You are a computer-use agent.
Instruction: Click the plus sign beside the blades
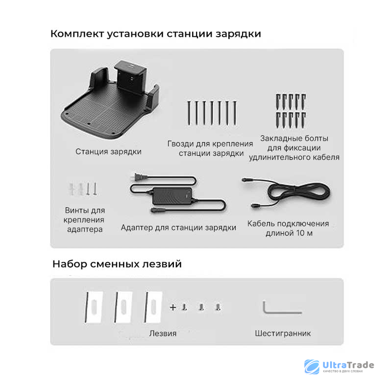click(x=173, y=307)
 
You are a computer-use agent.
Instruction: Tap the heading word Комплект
click(x=77, y=34)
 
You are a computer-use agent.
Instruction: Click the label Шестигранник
click(x=283, y=333)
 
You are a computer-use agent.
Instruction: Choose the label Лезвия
click(x=163, y=333)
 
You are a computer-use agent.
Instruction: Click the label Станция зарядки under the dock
click(x=108, y=151)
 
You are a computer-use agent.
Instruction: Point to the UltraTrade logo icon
click(x=312, y=367)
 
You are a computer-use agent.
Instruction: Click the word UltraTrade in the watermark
click(x=348, y=365)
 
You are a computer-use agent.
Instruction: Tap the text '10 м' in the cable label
click(x=304, y=233)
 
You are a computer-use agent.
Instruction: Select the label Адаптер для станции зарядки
click(x=178, y=227)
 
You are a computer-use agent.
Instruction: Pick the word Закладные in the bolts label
click(x=278, y=138)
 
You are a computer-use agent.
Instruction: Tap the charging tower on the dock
click(x=130, y=76)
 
